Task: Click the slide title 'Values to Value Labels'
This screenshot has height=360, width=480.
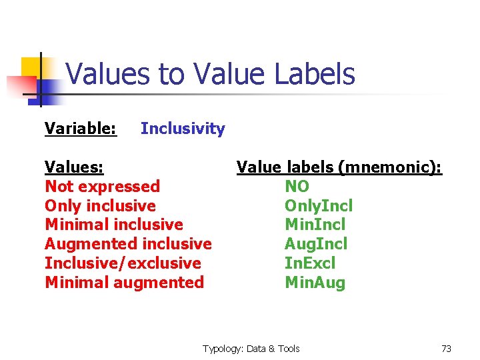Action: point(210,74)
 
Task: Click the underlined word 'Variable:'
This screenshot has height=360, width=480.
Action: point(81,129)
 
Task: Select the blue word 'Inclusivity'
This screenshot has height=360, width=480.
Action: point(183,129)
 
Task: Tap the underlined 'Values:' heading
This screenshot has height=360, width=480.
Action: point(73,167)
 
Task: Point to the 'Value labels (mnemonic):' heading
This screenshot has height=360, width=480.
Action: point(339,167)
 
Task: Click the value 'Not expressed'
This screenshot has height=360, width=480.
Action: point(102,186)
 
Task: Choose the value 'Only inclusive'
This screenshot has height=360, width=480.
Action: point(100,205)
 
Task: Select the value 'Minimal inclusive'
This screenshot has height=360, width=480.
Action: point(113,225)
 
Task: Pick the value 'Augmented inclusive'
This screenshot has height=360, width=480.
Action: point(128,244)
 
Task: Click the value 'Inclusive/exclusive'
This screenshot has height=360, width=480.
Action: point(123,263)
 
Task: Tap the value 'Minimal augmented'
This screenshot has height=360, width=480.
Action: point(124,283)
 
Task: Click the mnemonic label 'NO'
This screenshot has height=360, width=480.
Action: point(297,187)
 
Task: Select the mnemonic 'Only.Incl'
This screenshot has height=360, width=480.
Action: point(319,206)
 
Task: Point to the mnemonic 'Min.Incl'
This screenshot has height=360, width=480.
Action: point(315,225)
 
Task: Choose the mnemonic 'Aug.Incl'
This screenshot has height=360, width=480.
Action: point(316,245)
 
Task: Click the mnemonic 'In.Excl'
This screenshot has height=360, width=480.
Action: point(310,264)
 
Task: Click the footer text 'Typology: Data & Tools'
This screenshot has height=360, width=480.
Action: point(251,349)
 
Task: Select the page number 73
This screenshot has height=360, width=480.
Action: point(446,349)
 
